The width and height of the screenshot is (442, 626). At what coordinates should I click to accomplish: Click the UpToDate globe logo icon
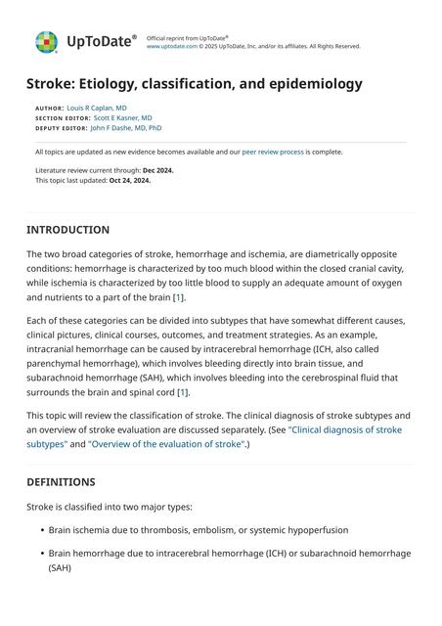[46, 42]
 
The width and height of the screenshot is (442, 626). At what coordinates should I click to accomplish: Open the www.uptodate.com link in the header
[169, 46]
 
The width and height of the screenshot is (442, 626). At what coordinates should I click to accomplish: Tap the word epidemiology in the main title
[310, 84]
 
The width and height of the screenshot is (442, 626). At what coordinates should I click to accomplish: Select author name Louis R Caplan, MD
[97, 108]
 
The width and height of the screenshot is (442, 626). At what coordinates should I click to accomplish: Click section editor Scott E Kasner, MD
[122, 117]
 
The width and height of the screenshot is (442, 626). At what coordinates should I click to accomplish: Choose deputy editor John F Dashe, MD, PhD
[126, 127]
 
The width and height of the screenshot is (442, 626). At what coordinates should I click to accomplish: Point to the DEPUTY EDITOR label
[60, 128]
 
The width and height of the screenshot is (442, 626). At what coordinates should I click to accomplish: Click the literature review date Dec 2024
[158, 170]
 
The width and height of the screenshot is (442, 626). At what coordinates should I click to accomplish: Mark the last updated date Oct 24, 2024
[130, 180]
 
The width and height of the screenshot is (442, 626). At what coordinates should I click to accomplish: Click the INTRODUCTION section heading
[67, 230]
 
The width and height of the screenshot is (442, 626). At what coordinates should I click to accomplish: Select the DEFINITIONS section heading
[61, 482]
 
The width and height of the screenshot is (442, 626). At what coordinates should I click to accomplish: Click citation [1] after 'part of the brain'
[178, 296]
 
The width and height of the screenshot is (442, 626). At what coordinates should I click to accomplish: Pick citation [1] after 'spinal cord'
[183, 392]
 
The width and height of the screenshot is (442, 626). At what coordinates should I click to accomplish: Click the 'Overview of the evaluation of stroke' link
[166, 444]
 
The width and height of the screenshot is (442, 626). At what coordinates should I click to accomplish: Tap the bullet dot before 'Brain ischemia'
[41, 530]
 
